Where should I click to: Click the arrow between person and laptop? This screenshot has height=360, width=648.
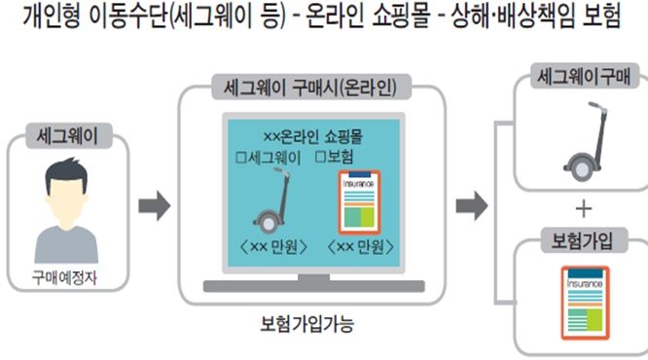point(155,206)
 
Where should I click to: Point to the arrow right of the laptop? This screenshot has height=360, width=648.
point(472,206)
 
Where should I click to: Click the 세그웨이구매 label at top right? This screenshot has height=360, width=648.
point(581,75)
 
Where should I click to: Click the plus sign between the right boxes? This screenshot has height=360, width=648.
point(583,208)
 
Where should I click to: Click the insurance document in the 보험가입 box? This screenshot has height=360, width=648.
point(583,303)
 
